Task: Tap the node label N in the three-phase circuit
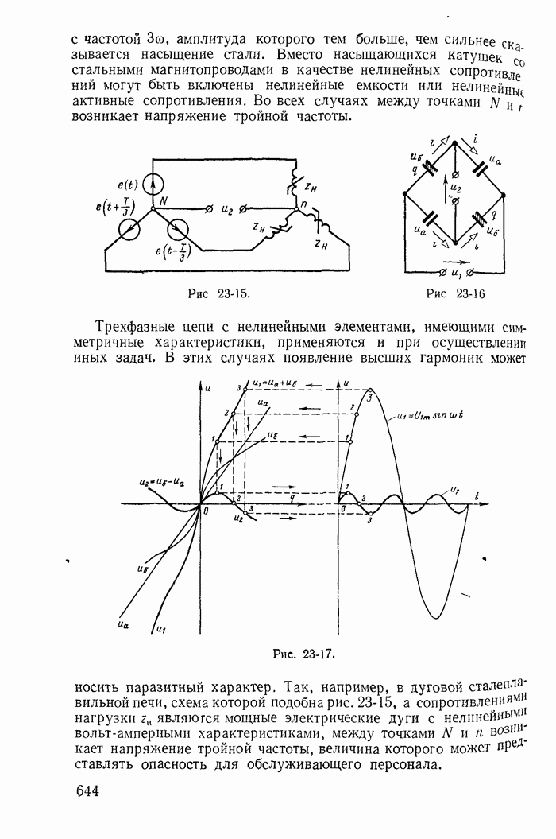click(x=163, y=202)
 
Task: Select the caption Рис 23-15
click(x=218, y=293)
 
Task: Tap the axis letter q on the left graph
click(x=292, y=495)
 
